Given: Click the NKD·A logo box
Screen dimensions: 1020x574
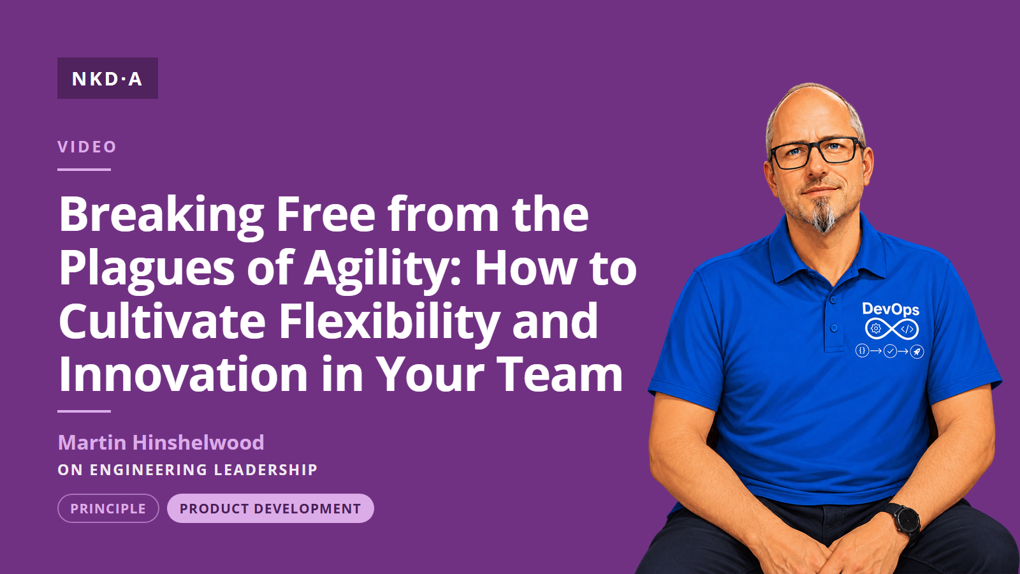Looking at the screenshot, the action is pos(108,78).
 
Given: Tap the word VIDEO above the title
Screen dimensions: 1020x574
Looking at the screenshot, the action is pos(87,147).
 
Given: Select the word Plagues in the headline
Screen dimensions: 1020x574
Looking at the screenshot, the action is pos(147,270).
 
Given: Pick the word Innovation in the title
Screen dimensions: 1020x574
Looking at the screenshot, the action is pos(184,374).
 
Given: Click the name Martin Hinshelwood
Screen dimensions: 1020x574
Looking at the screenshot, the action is pos(161,443).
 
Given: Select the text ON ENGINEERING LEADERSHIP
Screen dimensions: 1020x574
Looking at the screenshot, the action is pos(187,469).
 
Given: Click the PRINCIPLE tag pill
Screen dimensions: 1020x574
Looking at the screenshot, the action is pos(108,508).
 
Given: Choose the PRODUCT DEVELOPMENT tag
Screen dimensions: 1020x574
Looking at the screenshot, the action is pos(270,508).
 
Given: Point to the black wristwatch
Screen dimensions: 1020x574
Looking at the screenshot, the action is pos(903,522).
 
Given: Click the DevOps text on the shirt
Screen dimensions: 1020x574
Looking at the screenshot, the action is pos(891,310).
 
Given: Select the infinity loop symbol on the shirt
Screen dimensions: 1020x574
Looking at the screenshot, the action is pos(891,329).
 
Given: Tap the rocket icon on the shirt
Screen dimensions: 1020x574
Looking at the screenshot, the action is pos(917,351).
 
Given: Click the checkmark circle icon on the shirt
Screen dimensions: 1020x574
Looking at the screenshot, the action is pos(890,351).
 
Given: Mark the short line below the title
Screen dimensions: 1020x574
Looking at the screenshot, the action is pos(84,411).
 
